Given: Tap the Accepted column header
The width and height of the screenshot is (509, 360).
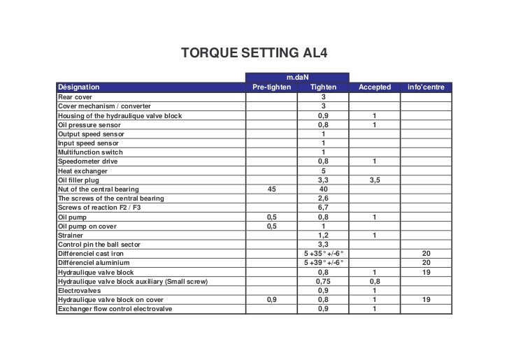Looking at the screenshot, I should [x=374, y=87].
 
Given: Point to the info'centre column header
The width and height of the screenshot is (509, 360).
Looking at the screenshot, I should [x=426, y=87].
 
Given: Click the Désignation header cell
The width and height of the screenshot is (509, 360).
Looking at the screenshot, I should [x=78, y=87].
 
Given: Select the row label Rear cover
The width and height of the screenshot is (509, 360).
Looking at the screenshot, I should [x=75, y=97].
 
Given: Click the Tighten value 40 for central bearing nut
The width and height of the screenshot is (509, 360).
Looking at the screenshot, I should [x=323, y=189].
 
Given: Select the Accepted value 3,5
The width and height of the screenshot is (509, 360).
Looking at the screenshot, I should [x=375, y=180].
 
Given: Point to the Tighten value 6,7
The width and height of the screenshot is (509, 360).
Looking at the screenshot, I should [x=323, y=207].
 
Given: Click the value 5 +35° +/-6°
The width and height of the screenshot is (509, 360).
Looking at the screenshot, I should [x=323, y=253].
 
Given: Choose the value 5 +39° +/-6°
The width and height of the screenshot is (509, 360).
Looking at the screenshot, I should [x=323, y=262].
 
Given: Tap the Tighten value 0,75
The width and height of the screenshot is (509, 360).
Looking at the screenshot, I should [x=323, y=280].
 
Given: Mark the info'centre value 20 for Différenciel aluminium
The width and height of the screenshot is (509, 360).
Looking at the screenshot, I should [x=426, y=262].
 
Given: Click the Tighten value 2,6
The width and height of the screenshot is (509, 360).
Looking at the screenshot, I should [x=323, y=198].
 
